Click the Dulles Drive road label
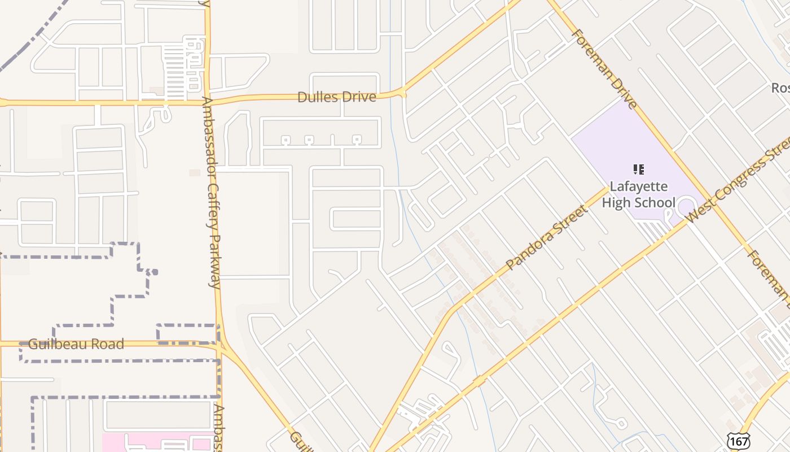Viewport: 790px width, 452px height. pos(336,97)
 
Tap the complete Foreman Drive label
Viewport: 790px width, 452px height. pos(604,68)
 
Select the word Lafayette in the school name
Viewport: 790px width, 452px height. pos(638,186)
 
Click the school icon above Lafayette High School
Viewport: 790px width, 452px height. pos(638,169)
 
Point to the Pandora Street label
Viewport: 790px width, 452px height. pos(546,238)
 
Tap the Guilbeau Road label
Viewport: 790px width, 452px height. pos(76,344)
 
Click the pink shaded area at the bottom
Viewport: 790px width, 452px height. pos(158,443)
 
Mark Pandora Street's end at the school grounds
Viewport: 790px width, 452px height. pos(608,189)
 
